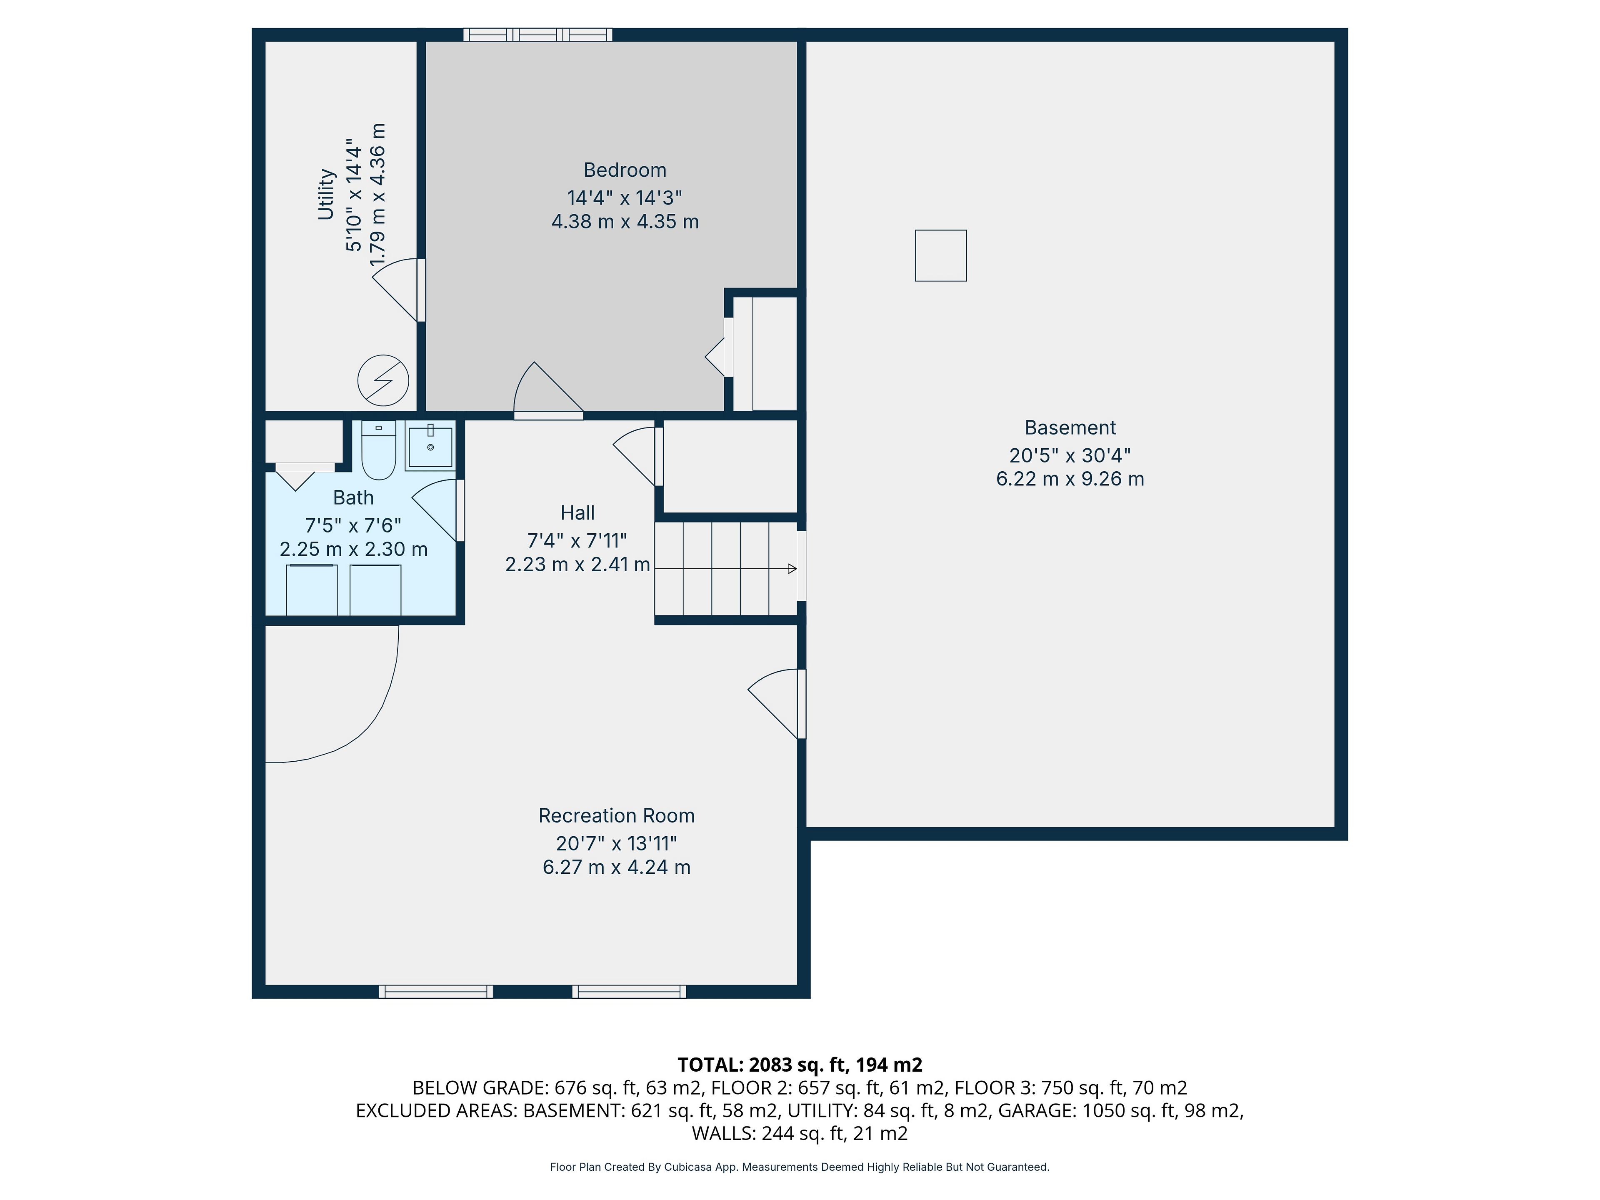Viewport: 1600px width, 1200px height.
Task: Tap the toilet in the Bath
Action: pos(378,450)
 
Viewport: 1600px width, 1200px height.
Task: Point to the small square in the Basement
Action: pos(940,255)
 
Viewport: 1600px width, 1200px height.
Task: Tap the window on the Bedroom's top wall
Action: pos(537,35)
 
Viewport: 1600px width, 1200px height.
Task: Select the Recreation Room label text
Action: pos(616,816)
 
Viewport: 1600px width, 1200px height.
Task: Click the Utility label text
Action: pos(326,194)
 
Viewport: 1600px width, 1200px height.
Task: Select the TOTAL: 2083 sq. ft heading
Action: pos(800,1065)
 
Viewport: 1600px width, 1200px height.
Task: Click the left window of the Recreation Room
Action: pos(436,992)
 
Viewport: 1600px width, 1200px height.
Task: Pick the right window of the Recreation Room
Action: pos(629,992)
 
